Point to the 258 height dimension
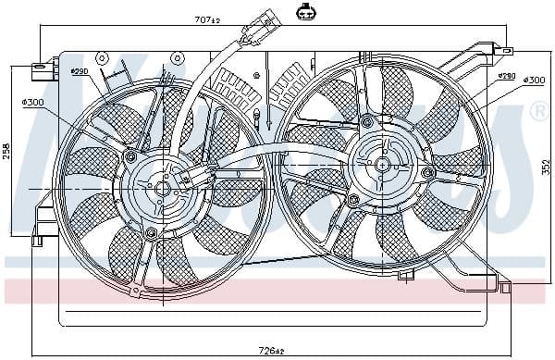6,150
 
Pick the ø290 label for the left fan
79,71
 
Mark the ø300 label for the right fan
534,81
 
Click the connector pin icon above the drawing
305,12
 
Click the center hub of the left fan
163,188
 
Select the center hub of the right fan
381,164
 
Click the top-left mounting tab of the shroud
42,68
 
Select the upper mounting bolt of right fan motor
367,121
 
